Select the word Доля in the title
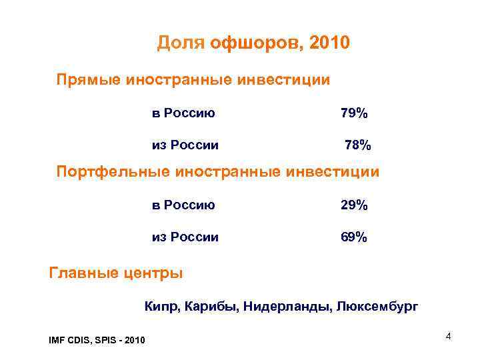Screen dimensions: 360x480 coord(181,44)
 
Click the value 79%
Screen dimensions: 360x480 coord(353,113)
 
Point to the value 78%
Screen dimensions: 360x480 coord(358,145)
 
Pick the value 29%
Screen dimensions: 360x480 coord(353,205)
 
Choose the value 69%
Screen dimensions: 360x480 coord(353,237)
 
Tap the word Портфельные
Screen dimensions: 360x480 coord(113,172)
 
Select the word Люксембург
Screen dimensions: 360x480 coord(378,307)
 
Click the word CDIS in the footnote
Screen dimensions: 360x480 coord(81,341)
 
